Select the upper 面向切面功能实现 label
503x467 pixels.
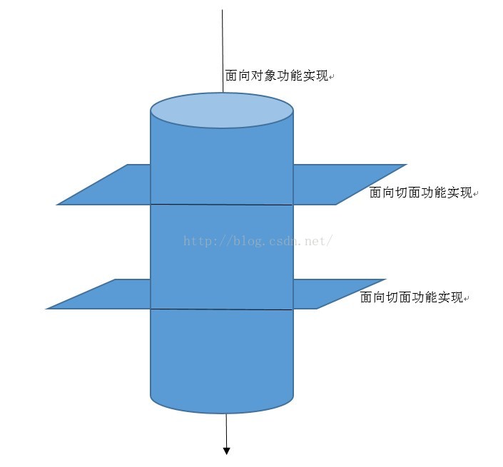[421, 193]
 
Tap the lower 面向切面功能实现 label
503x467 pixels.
[412, 297]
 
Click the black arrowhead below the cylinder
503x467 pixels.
[227, 450]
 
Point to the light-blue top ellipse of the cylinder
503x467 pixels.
[222, 111]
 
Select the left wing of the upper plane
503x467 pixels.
[107, 185]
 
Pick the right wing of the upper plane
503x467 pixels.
[342, 184]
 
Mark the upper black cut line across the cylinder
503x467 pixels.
[222, 205]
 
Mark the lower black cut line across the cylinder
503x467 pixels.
[222, 309]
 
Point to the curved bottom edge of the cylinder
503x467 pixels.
[222, 412]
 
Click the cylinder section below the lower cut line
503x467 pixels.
[222, 356]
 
